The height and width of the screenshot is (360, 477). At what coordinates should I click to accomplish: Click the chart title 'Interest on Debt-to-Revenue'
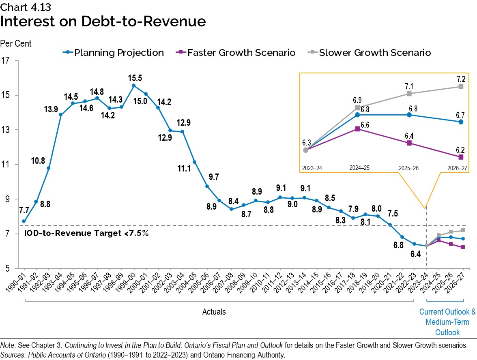tap(103, 21)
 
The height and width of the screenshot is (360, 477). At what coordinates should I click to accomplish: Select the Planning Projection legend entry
tap(114, 53)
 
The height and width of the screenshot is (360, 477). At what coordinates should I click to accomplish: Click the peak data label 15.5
tap(134, 77)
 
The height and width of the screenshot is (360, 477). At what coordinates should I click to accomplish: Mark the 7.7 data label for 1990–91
tap(24, 210)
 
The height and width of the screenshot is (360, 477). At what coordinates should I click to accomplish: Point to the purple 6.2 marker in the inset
tap(461, 157)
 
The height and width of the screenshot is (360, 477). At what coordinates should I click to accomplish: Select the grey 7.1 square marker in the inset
tap(409, 94)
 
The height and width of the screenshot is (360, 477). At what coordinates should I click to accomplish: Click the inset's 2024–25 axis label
tap(357, 167)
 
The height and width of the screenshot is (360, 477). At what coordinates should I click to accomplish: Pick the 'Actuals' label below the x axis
tap(214, 312)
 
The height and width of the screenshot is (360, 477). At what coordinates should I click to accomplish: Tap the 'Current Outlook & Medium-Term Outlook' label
tap(447, 322)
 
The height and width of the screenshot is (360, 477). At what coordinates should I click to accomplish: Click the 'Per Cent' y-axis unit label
tap(16, 43)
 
